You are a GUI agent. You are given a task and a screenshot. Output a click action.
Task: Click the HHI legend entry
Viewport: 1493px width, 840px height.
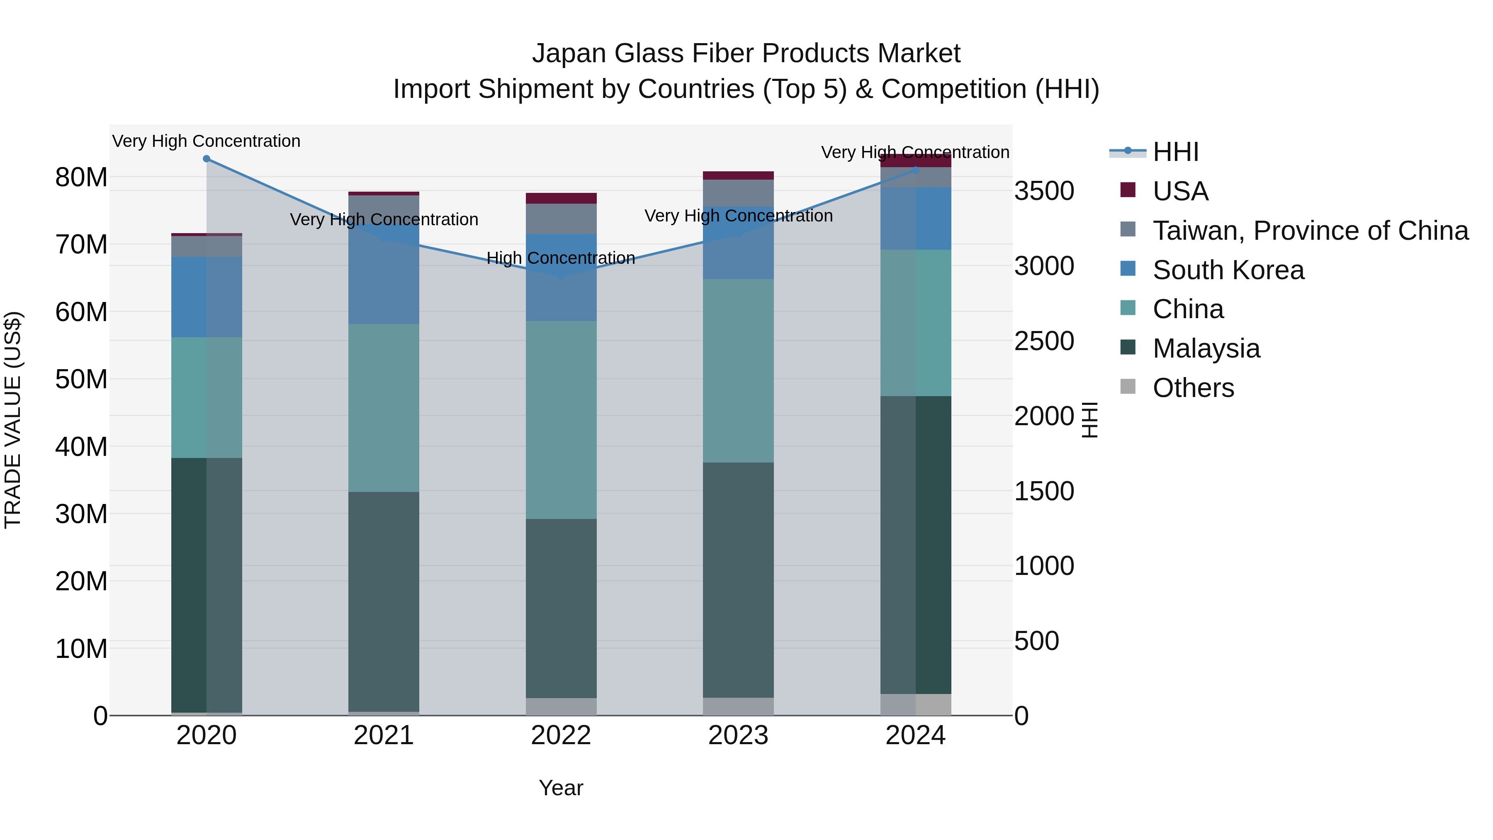pos(1175,152)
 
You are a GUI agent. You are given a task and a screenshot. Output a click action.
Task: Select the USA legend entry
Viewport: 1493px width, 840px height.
pos(1180,191)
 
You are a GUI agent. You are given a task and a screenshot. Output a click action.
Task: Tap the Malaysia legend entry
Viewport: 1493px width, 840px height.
pos(1206,348)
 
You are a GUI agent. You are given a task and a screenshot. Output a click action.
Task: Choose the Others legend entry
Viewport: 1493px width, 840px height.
pos(1193,388)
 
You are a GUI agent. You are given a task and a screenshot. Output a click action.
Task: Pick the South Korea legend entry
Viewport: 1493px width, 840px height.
pos(1228,270)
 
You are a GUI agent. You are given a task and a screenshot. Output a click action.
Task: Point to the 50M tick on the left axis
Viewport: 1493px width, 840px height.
pos(81,380)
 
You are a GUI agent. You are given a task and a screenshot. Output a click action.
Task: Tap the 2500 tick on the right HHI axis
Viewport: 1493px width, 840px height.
pos(1044,341)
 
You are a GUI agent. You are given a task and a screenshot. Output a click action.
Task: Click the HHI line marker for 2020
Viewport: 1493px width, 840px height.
pos(207,159)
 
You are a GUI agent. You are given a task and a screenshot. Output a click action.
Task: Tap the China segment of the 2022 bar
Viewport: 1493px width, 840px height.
pos(561,420)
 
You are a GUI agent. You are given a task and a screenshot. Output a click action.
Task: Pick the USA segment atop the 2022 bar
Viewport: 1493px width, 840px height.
pos(561,198)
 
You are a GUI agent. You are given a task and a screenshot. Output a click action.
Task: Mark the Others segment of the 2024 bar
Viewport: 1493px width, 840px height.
pos(916,704)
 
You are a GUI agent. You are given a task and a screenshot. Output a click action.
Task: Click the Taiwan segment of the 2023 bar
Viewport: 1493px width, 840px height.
pos(738,192)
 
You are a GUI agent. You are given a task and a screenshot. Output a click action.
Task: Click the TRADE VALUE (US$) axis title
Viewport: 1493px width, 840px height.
pos(13,420)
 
